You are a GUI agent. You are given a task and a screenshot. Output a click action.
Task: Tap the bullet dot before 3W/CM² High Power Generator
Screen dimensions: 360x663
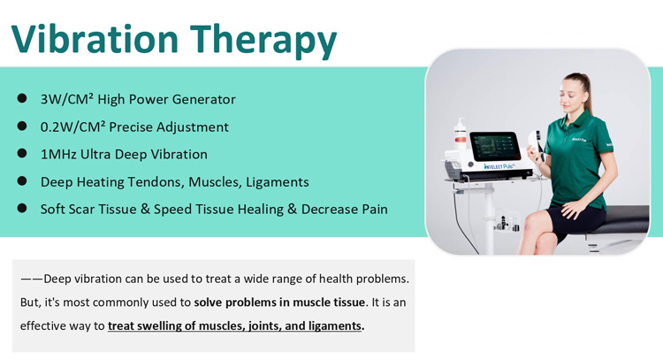[23, 99]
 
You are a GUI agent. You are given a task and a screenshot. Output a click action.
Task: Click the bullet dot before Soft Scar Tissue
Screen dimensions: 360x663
[23, 209]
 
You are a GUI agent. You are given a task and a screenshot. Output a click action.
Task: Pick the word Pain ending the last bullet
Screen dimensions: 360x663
[371, 209]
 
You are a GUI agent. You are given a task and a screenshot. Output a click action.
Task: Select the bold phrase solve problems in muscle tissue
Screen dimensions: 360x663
[279, 302]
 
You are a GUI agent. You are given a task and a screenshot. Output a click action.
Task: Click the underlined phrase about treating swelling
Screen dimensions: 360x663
[236, 326]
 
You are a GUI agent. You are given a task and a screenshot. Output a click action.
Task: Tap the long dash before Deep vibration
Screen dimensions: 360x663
[31, 279]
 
